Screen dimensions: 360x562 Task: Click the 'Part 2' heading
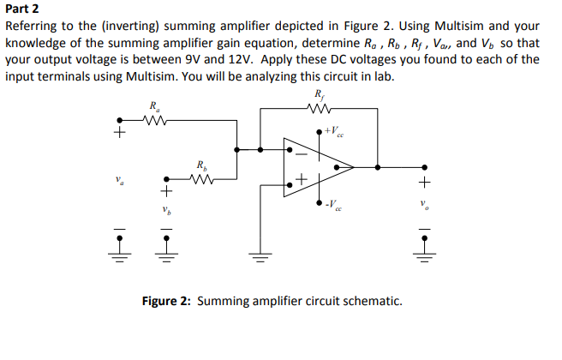coord(23,9)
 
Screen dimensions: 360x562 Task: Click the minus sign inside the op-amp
coord(301,155)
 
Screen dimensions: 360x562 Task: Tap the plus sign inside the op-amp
coord(301,180)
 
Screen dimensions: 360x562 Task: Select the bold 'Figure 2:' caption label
coord(168,301)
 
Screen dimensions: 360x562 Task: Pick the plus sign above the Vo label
coord(421,183)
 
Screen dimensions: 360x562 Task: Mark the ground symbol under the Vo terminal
coord(421,255)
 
